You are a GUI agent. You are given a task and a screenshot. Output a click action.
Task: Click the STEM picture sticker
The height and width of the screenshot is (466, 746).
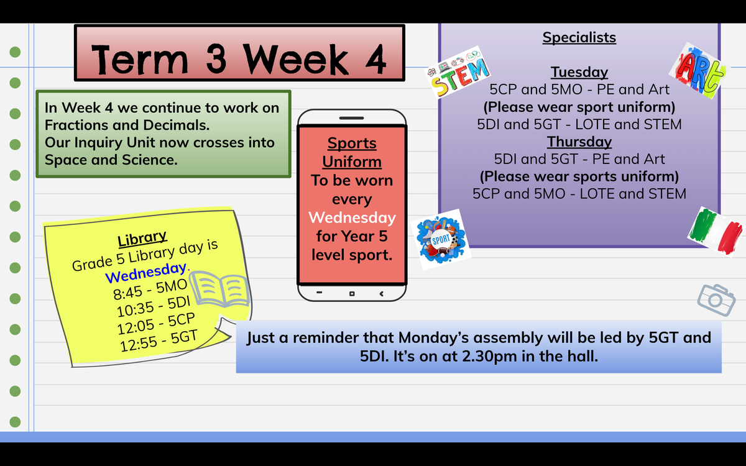[458, 73]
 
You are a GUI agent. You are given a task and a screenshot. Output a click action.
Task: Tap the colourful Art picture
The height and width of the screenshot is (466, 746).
[699, 71]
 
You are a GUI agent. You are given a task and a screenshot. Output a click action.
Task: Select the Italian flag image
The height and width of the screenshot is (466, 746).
[716, 232]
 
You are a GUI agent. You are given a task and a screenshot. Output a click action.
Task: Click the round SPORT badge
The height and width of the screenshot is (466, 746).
[441, 239]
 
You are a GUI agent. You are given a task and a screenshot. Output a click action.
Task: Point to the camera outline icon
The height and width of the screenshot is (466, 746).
[716, 300]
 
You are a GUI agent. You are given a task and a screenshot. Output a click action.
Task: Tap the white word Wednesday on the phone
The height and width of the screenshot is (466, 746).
[352, 217]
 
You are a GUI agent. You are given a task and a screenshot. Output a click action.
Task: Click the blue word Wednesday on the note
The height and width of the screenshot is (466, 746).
[146, 273]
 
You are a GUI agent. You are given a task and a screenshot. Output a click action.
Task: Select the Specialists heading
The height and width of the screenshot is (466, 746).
[579, 37]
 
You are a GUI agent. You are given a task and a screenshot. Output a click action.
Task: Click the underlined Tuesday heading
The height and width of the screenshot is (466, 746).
[579, 72]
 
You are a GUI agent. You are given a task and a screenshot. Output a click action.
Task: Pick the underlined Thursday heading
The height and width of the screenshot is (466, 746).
[579, 142]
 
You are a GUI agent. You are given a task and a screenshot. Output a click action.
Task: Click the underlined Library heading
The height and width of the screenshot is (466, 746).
[142, 238]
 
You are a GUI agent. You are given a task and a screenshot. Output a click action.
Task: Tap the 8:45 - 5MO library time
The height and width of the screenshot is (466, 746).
[150, 290]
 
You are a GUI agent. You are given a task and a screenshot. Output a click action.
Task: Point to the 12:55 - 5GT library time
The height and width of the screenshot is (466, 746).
[159, 341]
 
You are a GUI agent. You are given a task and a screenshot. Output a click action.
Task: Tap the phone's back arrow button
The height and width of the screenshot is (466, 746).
[382, 293]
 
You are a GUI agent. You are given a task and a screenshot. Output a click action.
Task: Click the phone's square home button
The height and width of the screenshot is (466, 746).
[352, 293]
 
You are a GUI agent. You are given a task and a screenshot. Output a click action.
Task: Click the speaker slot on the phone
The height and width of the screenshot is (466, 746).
[351, 118]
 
